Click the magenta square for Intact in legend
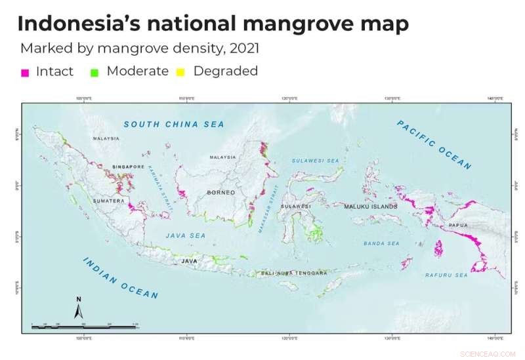(x=25, y=73)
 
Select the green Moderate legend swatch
(x=95, y=73)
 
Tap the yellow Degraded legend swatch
(x=180, y=73)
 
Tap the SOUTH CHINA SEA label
(x=174, y=124)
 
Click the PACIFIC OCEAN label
(x=434, y=145)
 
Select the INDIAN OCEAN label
(x=120, y=277)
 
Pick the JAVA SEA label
(x=185, y=235)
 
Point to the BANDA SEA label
(x=381, y=243)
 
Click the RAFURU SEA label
(x=446, y=275)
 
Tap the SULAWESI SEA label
(x=317, y=160)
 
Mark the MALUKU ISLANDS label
(x=371, y=207)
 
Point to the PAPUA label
(x=458, y=225)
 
